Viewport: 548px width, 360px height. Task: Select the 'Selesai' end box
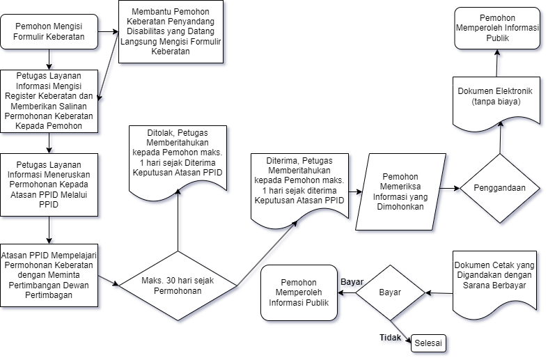pos(427,343)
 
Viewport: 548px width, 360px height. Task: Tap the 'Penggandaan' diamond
pos(499,188)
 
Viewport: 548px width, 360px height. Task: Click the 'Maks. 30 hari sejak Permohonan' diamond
pos(178,285)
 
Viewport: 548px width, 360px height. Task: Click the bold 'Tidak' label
pos(390,338)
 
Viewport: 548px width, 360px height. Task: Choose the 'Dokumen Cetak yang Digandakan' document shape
pos(494,279)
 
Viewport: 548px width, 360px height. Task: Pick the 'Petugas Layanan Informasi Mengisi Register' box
pos(49,101)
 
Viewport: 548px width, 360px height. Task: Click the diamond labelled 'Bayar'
pos(390,292)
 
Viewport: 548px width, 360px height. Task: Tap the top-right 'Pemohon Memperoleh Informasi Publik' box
pos(497,28)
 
